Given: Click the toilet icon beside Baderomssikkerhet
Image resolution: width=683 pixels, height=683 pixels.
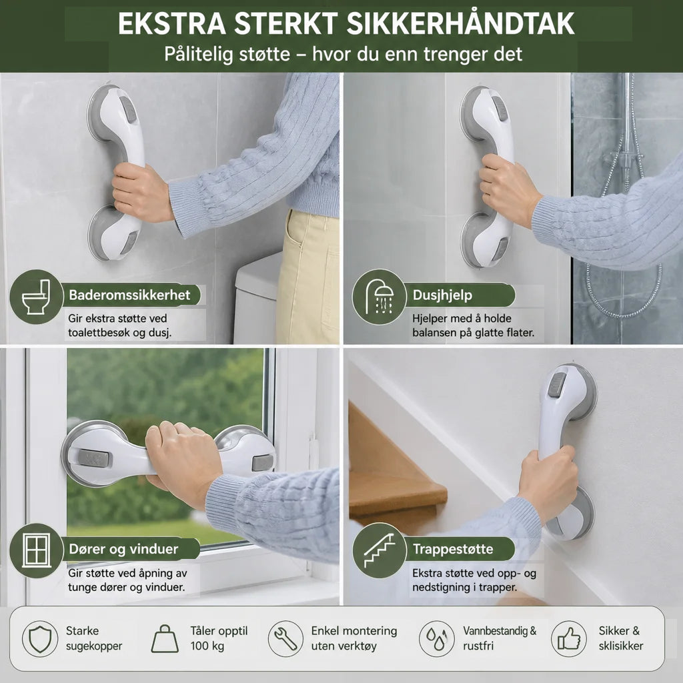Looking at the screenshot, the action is (x=36, y=297).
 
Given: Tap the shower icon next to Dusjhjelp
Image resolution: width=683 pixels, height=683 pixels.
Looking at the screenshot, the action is (x=379, y=297).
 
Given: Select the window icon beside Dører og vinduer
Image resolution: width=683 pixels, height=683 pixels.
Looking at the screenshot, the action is (x=36, y=550).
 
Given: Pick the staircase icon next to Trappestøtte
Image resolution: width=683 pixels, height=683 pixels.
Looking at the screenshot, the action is (x=379, y=550).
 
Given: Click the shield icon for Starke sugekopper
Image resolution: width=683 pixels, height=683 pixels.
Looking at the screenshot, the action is (x=40, y=638).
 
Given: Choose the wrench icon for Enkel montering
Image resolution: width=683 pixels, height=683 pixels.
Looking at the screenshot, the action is (x=285, y=638).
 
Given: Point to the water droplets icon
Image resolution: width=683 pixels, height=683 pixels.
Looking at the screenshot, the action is (x=437, y=638).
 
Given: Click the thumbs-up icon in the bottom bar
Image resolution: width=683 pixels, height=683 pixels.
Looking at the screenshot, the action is (x=569, y=638).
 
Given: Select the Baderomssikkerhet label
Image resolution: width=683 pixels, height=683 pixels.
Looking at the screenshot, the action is (x=129, y=295).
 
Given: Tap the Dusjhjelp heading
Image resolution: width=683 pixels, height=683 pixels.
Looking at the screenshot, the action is (x=442, y=295).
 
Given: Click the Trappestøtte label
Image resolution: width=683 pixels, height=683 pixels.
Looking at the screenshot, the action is (x=453, y=549).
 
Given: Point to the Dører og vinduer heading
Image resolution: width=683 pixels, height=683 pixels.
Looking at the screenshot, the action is (x=123, y=549).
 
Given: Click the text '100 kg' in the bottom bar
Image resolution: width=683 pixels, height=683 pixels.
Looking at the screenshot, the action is (x=207, y=646).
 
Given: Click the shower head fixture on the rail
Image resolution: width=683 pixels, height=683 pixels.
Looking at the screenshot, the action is (x=626, y=157).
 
